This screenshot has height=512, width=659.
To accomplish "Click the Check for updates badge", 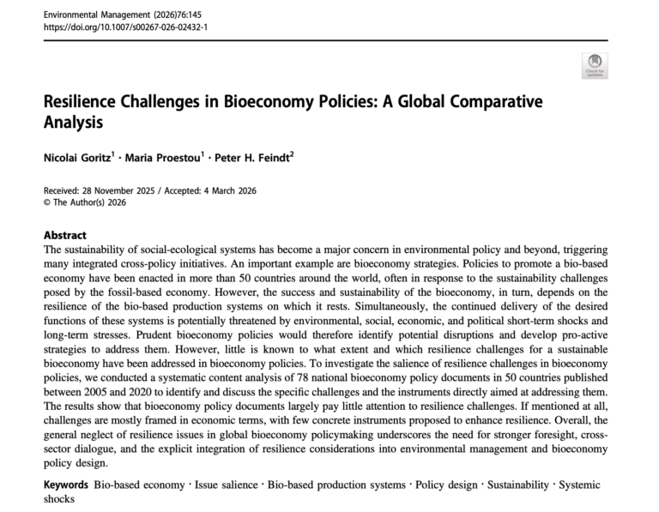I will point(594,66).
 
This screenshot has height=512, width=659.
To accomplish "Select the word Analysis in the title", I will point(73,122).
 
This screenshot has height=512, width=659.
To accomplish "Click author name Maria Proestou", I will point(164,158).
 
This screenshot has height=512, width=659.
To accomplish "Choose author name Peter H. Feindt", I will point(249,158).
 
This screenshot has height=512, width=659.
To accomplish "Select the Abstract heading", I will point(65,235).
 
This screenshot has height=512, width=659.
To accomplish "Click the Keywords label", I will point(67,485).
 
